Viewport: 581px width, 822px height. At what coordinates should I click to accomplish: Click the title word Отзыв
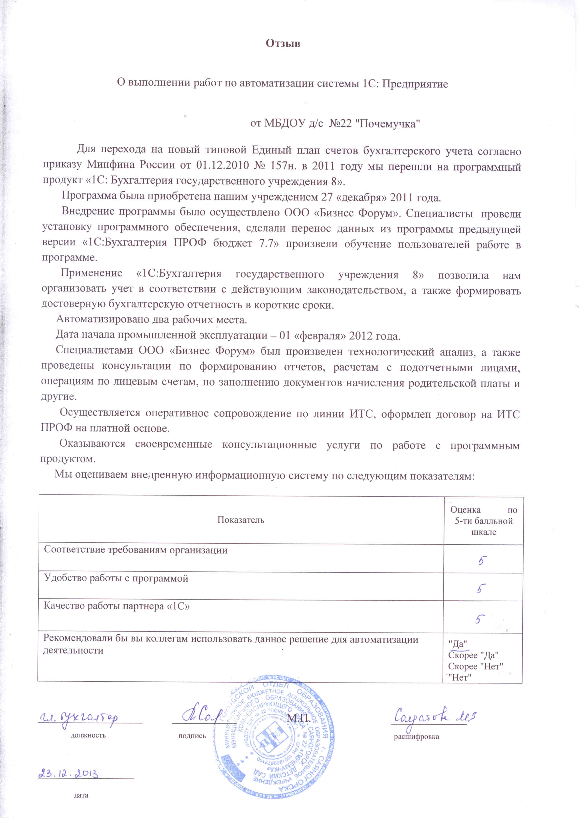point(283,44)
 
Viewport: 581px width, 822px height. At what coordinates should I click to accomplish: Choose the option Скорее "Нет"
point(476,666)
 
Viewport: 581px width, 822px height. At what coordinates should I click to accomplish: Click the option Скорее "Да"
point(473,655)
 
